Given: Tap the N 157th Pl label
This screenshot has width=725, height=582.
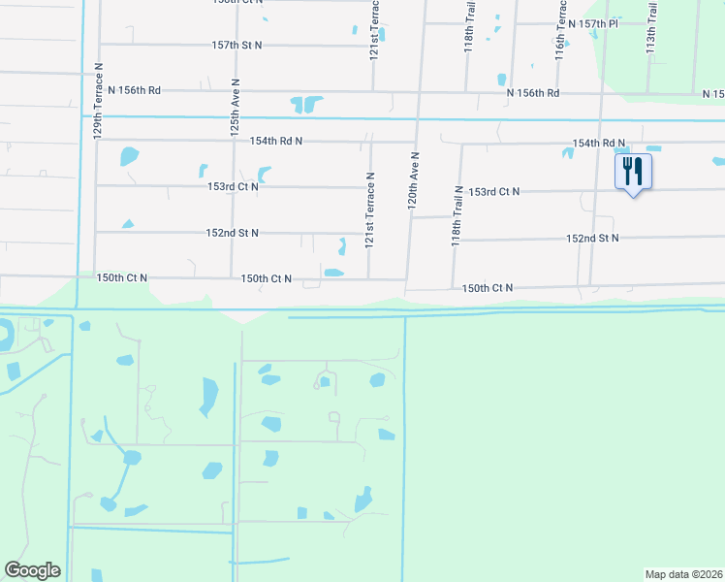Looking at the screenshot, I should [x=593, y=22].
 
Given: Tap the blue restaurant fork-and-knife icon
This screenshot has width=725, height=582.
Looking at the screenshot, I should [x=633, y=172].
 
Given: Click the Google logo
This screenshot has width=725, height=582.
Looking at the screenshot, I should [x=32, y=570].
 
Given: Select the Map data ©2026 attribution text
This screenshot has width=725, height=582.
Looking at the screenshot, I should [x=683, y=574].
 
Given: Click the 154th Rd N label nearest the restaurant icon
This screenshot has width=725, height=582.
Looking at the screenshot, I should [x=598, y=143].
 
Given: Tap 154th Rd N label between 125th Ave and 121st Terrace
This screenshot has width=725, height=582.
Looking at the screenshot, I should [x=275, y=141].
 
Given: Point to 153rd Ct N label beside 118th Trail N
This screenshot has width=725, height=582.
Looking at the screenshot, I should [x=493, y=192].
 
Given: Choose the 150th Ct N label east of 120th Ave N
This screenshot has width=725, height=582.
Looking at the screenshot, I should [x=487, y=288].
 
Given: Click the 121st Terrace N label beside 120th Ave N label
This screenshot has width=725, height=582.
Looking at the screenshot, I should [x=369, y=210].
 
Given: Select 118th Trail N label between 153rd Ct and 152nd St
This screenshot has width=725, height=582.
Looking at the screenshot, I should [x=456, y=216].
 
